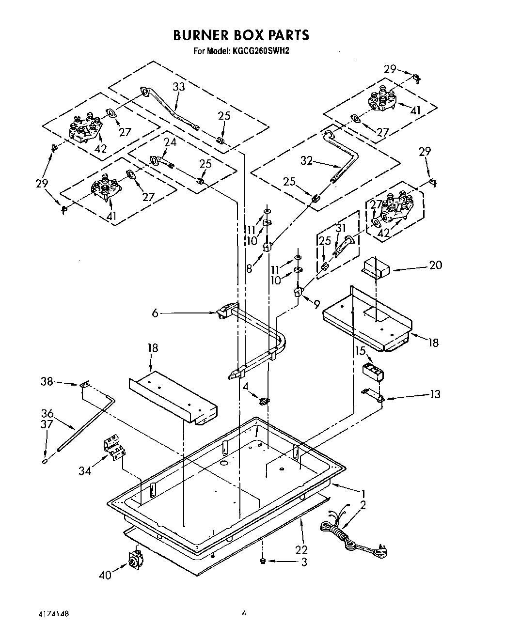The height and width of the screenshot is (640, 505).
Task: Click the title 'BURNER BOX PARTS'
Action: [x=241, y=35]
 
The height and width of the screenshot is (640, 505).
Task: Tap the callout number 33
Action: [x=179, y=87]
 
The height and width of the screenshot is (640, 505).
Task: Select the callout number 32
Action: [x=306, y=161]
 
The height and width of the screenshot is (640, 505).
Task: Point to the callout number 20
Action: [x=435, y=265]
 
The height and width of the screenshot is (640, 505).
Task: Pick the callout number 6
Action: [x=155, y=313]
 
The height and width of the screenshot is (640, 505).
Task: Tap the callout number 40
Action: [x=105, y=575]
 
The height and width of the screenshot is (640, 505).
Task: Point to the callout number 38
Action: [x=47, y=382]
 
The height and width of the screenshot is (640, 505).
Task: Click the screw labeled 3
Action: [x=262, y=561]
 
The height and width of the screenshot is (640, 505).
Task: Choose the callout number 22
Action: [x=301, y=549]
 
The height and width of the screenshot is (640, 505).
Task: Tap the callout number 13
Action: [x=435, y=394]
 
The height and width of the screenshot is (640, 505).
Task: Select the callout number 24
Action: [x=170, y=143]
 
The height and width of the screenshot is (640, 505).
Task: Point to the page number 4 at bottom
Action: [x=244, y=613]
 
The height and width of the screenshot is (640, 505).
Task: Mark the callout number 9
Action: [x=316, y=304]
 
